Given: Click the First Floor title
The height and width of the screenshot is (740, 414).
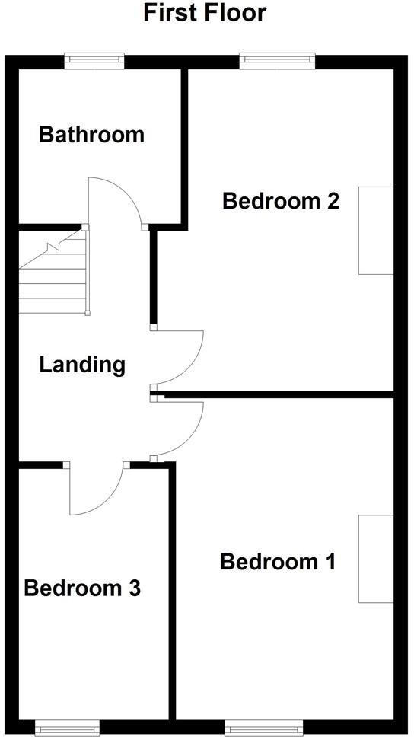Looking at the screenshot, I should click(x=205, y=13).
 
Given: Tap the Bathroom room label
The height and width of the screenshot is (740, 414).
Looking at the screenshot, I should click(x=91, y=136).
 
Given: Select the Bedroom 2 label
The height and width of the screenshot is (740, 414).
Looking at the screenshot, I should click(x=280, y=202).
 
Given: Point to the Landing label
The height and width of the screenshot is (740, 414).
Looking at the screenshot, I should click(x=82, y=365).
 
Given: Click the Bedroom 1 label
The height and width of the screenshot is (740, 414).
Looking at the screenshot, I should click(x=278, y=563).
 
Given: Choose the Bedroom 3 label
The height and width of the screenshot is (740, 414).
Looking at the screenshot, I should click(x=82, y=588).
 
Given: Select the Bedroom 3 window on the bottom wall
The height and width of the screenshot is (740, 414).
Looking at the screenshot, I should click(x=67, y=729).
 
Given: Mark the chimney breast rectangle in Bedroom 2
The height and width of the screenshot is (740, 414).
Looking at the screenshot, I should click(x=376, y=230).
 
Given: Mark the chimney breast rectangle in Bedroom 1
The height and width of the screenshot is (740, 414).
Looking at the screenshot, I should click(x=376, y=559).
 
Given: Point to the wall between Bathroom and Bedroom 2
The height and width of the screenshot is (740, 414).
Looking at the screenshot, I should click(x=184, y=145).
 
